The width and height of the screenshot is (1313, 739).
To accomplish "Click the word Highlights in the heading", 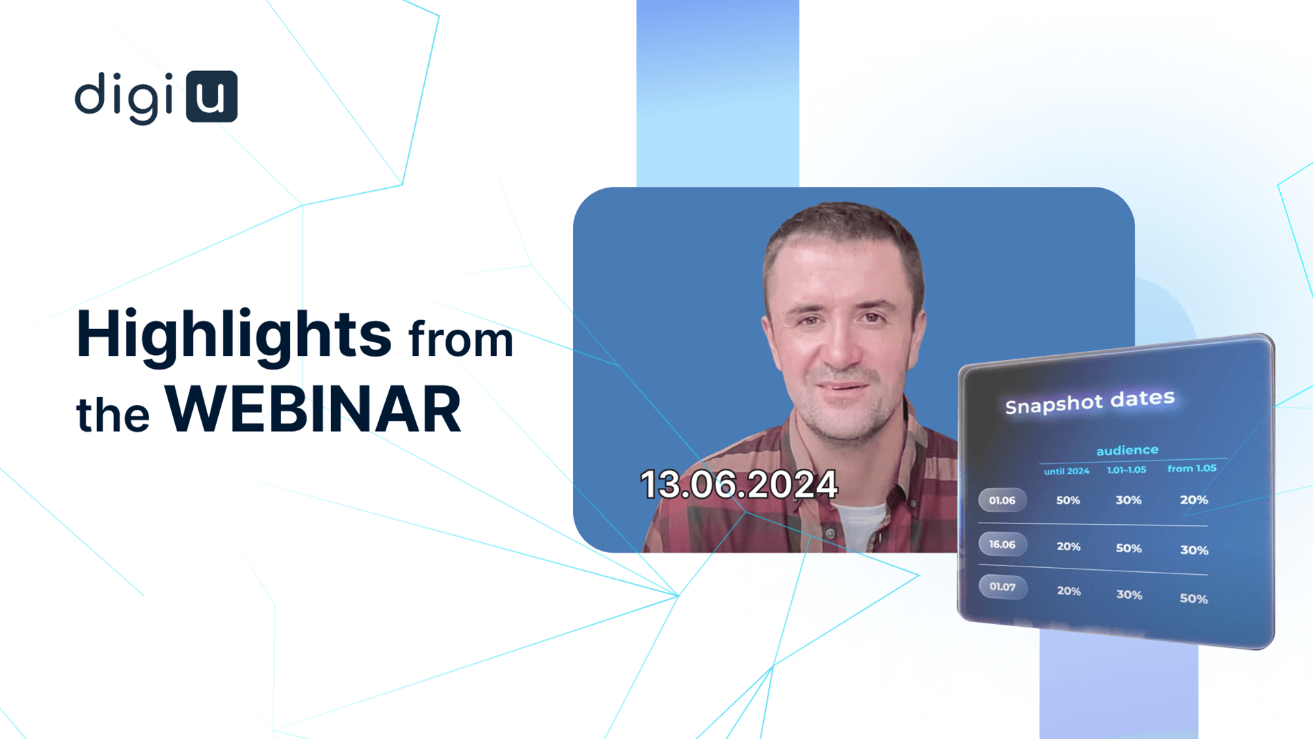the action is tap(234, 336).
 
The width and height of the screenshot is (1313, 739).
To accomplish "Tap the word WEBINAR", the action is tap(313, 409).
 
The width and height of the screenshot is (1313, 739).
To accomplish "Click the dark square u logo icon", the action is tap(212, 96).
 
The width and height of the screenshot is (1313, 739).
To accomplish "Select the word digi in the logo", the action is tap(124, 98).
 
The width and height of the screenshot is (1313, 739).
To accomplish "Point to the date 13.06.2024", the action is tap(739, 484).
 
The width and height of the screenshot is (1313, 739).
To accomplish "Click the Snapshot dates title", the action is tap(1090, 402).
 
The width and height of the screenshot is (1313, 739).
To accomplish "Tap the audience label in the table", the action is tap(1127, 450).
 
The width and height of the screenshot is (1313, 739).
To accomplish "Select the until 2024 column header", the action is tap(1066, 471).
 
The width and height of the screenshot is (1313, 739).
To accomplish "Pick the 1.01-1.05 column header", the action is tap(1126, 470).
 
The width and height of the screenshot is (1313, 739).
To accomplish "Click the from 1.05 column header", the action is tap(1192, 469).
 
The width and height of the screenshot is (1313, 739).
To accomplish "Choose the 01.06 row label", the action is tap(1003, 500).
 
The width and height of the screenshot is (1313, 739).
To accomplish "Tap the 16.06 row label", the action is tap(1003, 545).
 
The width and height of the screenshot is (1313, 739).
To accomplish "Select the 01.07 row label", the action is tap(1003, 586).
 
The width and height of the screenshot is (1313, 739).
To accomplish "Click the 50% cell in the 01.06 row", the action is tap(1068, 500).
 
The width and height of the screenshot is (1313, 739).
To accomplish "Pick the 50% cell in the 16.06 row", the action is tap(1129, 548).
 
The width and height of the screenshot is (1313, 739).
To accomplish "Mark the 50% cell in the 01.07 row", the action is tap(1194, 599).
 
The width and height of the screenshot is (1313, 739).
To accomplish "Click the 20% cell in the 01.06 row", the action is tap(1194, 500).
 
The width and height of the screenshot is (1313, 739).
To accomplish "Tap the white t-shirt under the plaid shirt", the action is tap(860, 528).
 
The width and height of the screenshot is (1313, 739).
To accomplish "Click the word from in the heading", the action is tap(461, 340).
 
